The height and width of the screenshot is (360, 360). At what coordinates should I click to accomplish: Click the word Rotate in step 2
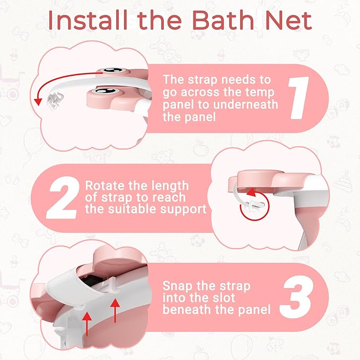click(106, 187)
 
